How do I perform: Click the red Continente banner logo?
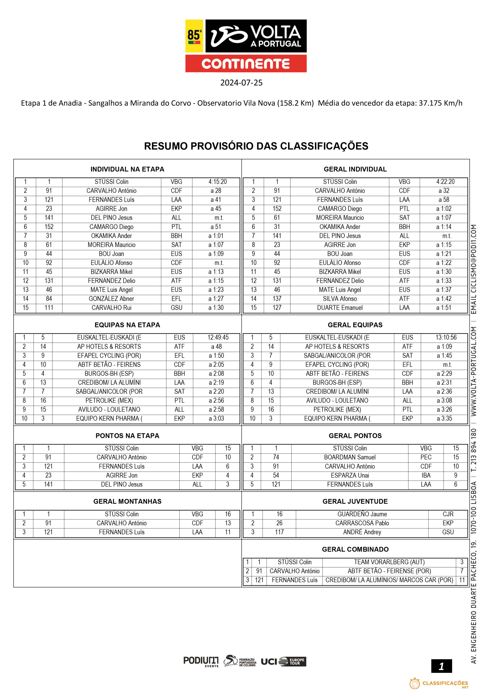pos(246,64)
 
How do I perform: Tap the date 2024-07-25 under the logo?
pos(241,83)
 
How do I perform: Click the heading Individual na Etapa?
pos(127,169)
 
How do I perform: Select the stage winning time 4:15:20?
pos(217,182)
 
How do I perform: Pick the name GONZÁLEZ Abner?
pos(111,299)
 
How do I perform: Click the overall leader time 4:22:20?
pos(445,182)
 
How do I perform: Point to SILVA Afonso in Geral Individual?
pos(340,299)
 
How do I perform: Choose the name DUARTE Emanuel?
pos(340,308)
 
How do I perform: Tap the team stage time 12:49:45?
pos(218,338)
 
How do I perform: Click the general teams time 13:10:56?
pos(446,338)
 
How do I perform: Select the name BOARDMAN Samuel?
pos(350,457)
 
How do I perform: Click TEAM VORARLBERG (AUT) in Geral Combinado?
pos(389,562)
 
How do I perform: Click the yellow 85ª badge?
pos(194,36)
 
